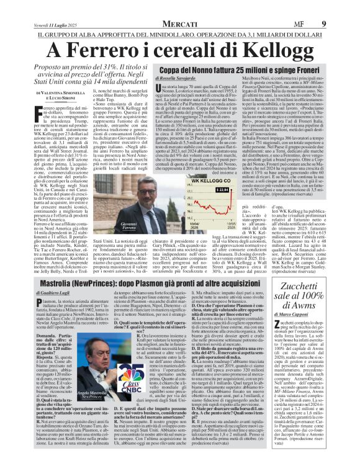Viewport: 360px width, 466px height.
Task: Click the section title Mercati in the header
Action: pos(181,7)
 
